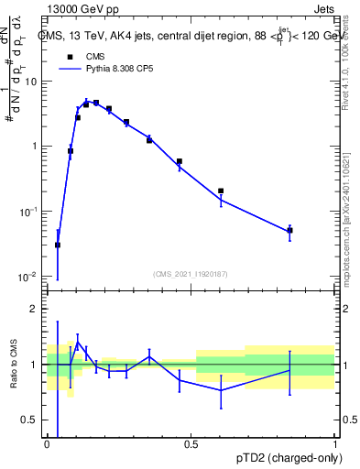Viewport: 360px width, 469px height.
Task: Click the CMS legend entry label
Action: coord(94,56)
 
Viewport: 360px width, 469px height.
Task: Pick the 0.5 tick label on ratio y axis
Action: coord(33,420)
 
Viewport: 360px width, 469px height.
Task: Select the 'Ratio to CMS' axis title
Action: coord(14,364)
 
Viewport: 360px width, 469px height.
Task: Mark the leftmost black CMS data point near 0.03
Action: coord(58,245)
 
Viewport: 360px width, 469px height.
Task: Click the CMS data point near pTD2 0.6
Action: coord(221,191)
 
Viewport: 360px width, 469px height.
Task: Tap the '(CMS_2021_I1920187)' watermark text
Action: coord(191,273)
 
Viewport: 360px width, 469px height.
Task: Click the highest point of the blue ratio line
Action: coord(78,342)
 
